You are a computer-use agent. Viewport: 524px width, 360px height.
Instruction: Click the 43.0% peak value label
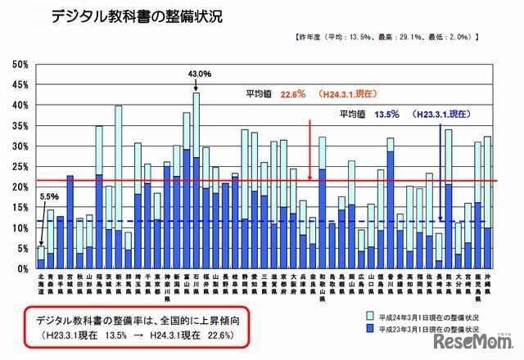click(199, 74)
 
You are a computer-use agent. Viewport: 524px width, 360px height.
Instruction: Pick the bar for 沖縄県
click(488, 205)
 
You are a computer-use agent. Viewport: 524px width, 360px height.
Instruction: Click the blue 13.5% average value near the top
click(386, 115)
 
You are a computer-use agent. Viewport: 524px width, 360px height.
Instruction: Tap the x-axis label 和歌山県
click(322, 290)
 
